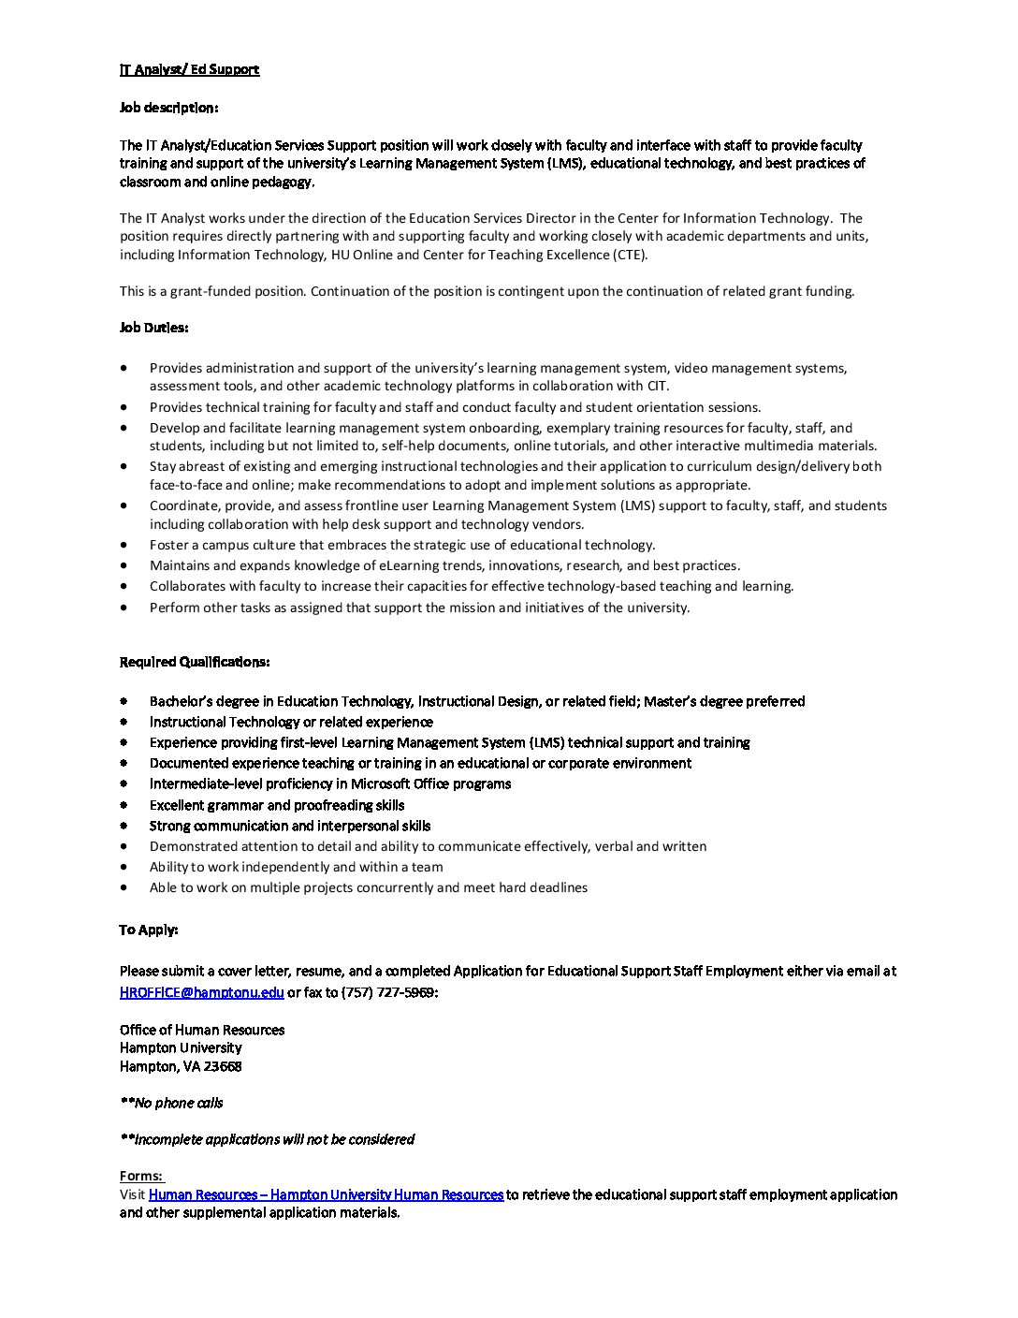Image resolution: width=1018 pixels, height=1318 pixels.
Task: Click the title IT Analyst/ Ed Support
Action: click(189, 69)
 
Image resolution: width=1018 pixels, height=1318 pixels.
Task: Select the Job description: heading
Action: click(168, 108)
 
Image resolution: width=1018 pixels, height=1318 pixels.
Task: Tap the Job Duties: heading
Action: click(153, 328)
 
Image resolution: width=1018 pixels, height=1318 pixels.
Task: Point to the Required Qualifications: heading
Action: click(195, 662)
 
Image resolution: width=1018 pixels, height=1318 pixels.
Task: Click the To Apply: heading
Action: click(149, 930)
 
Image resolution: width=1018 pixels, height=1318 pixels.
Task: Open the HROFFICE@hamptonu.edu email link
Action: click(201, 992)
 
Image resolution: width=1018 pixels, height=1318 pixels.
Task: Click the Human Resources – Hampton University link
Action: click(326, 1194)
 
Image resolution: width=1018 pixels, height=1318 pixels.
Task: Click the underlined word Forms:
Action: click(141, 1176)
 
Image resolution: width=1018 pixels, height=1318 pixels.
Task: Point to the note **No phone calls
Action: click(171, 1103)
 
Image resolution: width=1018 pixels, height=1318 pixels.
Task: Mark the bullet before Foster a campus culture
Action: click(124, 545)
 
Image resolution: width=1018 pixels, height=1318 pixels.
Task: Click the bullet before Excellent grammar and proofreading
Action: click(124, 805)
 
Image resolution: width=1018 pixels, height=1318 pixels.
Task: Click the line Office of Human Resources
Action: click(202, 1030)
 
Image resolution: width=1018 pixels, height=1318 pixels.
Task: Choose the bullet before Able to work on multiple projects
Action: click(124, 887)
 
